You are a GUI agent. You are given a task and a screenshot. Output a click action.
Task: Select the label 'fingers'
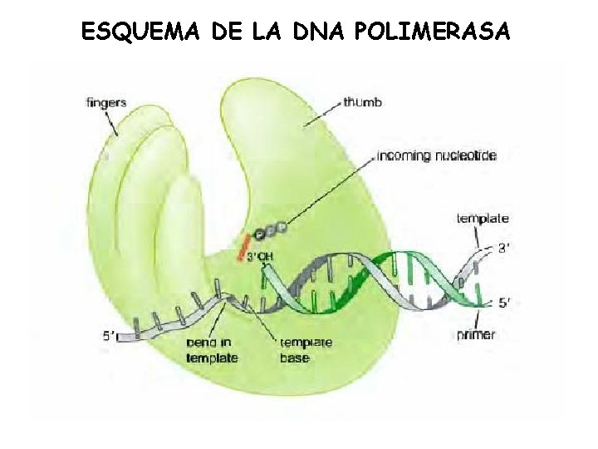click(x=106, y=103)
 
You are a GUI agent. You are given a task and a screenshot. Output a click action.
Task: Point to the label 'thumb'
click(x=363, y=103)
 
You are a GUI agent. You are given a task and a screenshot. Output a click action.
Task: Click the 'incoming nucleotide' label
click(x=436, y=155)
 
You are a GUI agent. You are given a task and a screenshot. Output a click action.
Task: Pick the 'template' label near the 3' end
click(x=483, y=219)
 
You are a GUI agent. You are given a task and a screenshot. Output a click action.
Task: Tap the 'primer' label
click(x=476, y=334)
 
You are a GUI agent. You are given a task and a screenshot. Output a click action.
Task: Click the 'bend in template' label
click(x=212, y=350)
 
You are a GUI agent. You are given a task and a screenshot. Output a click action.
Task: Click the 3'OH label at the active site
click(x=259, y=256)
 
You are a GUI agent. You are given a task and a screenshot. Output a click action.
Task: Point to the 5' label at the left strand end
click(x=110, y=336)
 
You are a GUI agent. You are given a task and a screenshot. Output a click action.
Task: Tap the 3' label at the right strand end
click(x=503, y=247)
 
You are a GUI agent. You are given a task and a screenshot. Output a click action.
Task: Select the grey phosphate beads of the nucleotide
click(x=273, y=229)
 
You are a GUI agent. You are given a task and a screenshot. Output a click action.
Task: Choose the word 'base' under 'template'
click(x=295, y=358)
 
